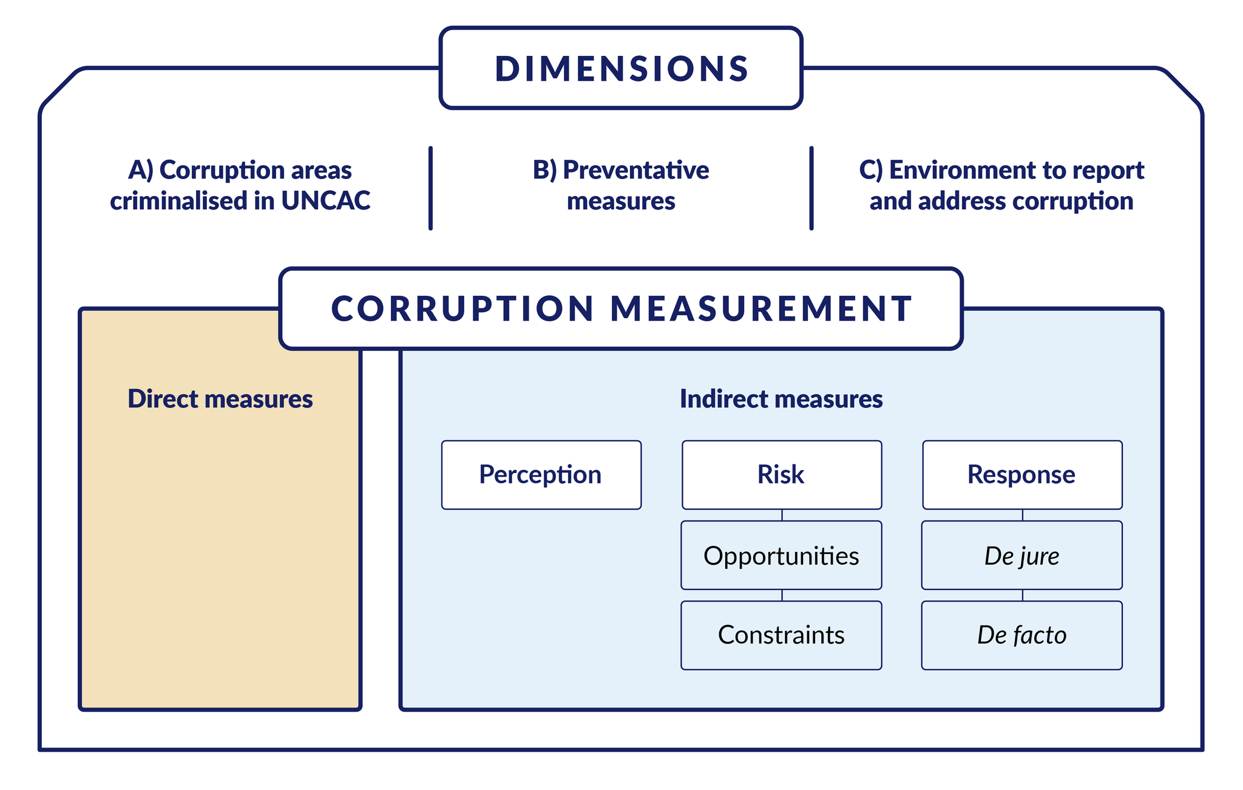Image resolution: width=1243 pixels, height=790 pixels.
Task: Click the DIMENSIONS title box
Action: [621, 68]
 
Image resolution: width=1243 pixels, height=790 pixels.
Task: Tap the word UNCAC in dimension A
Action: [325, 201]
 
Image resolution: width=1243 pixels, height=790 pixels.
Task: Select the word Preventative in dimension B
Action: [635, 170]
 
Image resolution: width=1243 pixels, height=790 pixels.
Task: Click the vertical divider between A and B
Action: [430, 188]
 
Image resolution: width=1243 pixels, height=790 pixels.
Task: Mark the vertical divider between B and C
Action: [811, 188]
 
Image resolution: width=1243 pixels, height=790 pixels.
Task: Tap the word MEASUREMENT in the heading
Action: [761, 308]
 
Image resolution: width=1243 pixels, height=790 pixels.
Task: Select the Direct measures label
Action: [220, 399]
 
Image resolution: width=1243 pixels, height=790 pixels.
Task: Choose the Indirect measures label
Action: [781, 399]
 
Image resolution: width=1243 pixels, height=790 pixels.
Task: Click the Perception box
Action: [541, 475]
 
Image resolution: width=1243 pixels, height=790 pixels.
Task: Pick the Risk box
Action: [781, 475]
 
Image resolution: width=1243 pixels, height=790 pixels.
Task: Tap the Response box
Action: [1022, 475]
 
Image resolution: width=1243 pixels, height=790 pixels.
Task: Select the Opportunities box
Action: [781, 556]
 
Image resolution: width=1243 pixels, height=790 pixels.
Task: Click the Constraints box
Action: [781, 635]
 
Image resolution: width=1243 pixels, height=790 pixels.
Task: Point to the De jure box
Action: [1022, 556]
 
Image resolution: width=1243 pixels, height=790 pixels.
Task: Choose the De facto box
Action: [1022, 635]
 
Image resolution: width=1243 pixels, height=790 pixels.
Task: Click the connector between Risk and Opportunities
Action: [782, 515]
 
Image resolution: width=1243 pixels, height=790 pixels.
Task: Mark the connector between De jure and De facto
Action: [1023, 595]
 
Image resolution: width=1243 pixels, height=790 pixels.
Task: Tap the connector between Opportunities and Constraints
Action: [782, 595]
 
